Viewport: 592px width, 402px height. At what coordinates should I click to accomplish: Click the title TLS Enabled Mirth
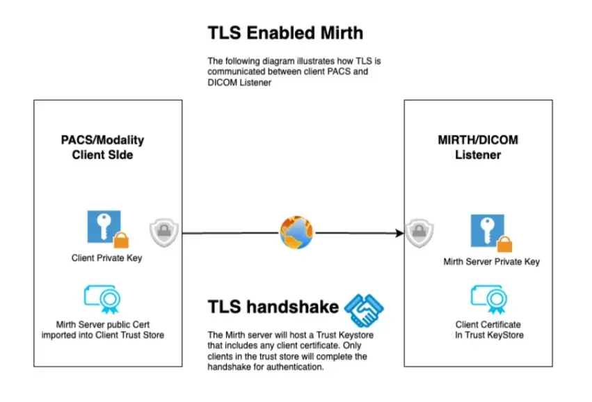285,33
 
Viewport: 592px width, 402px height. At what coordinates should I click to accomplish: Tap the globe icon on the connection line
296,232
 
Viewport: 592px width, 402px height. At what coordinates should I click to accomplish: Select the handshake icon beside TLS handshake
365,309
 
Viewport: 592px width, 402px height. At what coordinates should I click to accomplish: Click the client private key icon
104,227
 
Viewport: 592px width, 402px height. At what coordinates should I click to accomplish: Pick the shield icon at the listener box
418,232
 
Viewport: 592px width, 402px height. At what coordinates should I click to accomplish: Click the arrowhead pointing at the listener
400,232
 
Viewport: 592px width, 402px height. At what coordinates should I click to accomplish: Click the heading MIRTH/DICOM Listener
478,147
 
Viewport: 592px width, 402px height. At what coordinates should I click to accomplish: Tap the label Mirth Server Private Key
491,262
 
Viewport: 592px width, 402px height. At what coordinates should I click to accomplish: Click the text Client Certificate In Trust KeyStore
488,330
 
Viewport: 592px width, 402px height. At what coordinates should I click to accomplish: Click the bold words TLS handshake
273,307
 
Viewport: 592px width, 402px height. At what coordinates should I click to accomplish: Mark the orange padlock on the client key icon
121,240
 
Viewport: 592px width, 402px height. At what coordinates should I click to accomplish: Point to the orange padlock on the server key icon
504,243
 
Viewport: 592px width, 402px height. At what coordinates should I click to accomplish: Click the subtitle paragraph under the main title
294,72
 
